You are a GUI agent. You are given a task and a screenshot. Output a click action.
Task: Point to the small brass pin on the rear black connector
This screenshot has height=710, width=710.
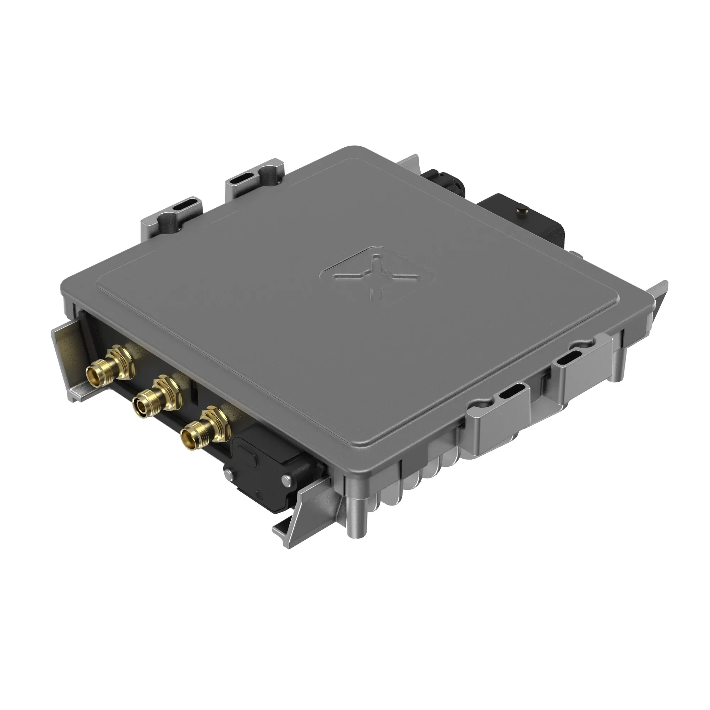pyautogui.click(x=521, y=210)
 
